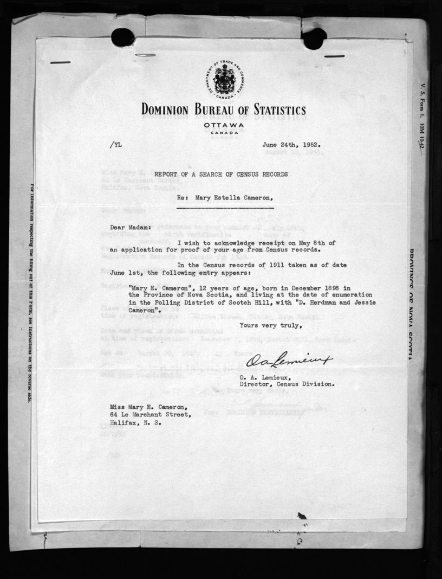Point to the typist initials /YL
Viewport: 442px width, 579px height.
pyautogui.click(x=116, y=145)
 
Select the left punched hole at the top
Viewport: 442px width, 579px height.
pyautogui.click(x=123, y=37)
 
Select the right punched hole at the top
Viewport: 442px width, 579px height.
pyautogui.click(x=315, y=38)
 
